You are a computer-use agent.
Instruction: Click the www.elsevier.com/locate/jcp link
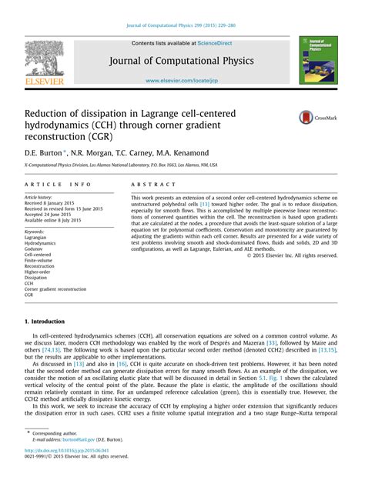[x=182, y=79]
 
